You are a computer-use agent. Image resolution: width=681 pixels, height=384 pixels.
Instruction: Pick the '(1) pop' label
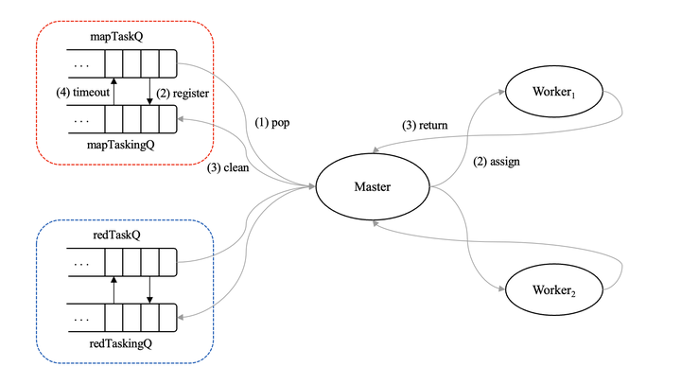pos(274,124)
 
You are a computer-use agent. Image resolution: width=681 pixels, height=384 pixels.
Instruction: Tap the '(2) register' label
pos(183,94)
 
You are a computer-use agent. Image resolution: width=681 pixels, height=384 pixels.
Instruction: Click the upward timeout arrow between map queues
pos(113,92)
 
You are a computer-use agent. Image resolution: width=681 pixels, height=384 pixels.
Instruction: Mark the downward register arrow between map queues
pos(150,92)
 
